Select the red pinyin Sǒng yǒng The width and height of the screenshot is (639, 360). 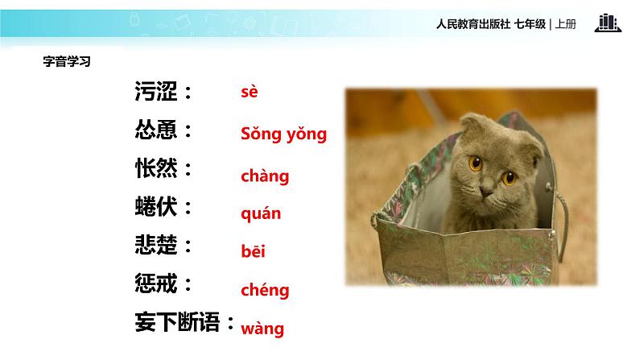coord(283,134)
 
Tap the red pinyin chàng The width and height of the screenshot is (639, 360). coord(264,176)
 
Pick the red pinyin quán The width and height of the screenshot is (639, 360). coord(261,214)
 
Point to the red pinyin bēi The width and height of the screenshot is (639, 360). coord(253,251)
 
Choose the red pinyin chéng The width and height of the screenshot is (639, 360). coord(265,290)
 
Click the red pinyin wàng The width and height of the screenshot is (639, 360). coord(262,328)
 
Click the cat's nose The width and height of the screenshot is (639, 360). coord(487,192)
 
